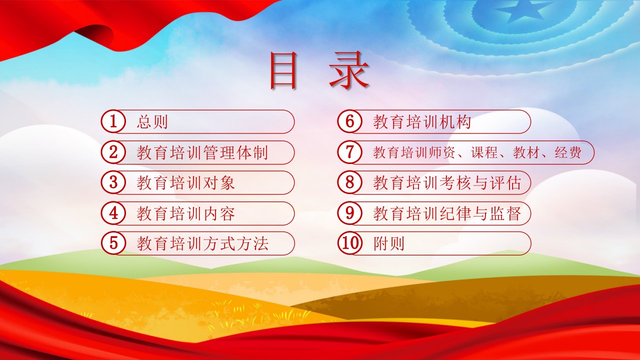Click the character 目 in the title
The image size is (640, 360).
click(x=283, y=70)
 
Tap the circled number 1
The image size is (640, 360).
click(x=113, y=121)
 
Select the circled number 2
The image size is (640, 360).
click(x=113, y=152)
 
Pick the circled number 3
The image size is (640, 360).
click(x=113, y=182)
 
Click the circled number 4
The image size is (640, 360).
click(x=113, y=213)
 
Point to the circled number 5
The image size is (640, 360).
click(x=113, y=243)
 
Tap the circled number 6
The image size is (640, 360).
click(x=349, y=121)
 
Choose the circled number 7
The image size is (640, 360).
click(x=349, y=152)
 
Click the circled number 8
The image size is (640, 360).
click(x=349, y=182)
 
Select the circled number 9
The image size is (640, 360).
click(x=349, y=213)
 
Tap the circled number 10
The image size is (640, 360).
click(x=349, y=243)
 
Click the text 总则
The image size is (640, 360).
click(x=152, y=121)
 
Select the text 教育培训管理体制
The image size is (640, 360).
click(x=202, y=152)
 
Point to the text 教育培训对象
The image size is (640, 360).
click(x=185, y=183)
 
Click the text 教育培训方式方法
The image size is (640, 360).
click(x=202, y=243)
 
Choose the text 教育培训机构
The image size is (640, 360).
click(x=422, y=121)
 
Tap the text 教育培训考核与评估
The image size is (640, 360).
click(x=447, y=183)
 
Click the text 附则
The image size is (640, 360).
click(x=389, y=243)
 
